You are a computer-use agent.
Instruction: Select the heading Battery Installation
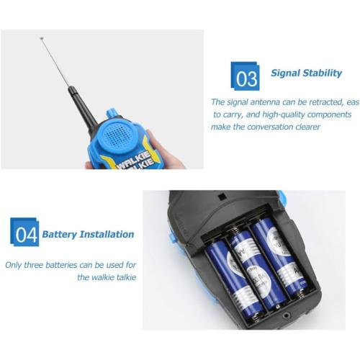tap(88, 234)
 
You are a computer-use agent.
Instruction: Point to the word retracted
tap(320, 102)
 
